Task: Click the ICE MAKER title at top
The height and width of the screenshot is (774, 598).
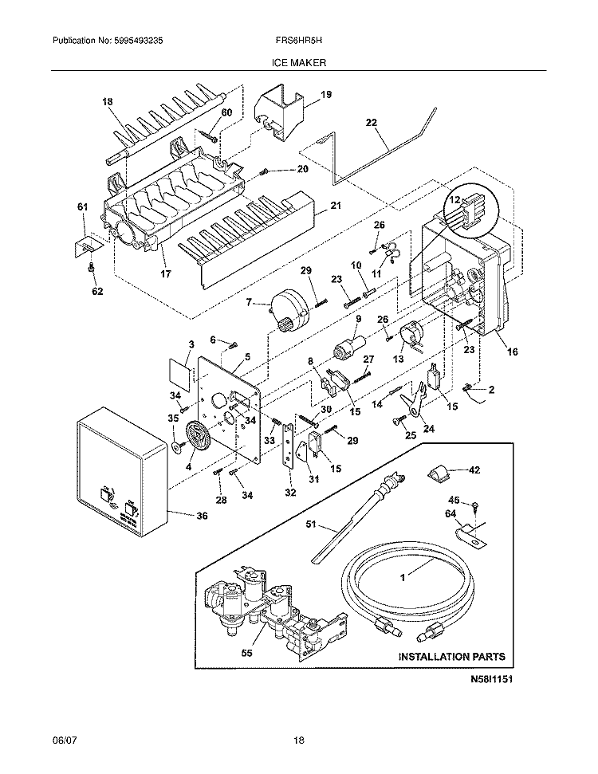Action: click(x=298, y=61)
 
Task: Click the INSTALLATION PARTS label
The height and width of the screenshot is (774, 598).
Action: click(x=451, y=657)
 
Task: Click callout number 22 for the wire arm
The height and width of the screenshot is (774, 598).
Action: click(x=371, y=123)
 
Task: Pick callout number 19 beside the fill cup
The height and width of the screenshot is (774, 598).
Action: click(x=326, y=95)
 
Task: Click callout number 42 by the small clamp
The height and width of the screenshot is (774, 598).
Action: click(x=474, y=470)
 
